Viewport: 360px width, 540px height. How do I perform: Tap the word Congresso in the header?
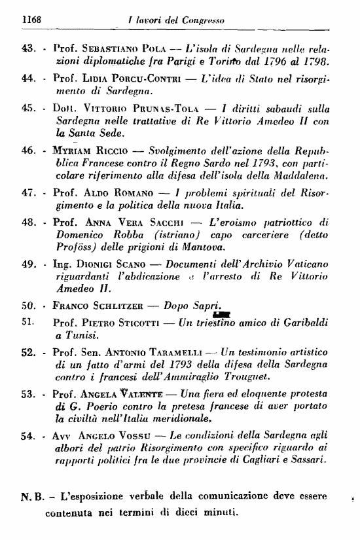204,20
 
